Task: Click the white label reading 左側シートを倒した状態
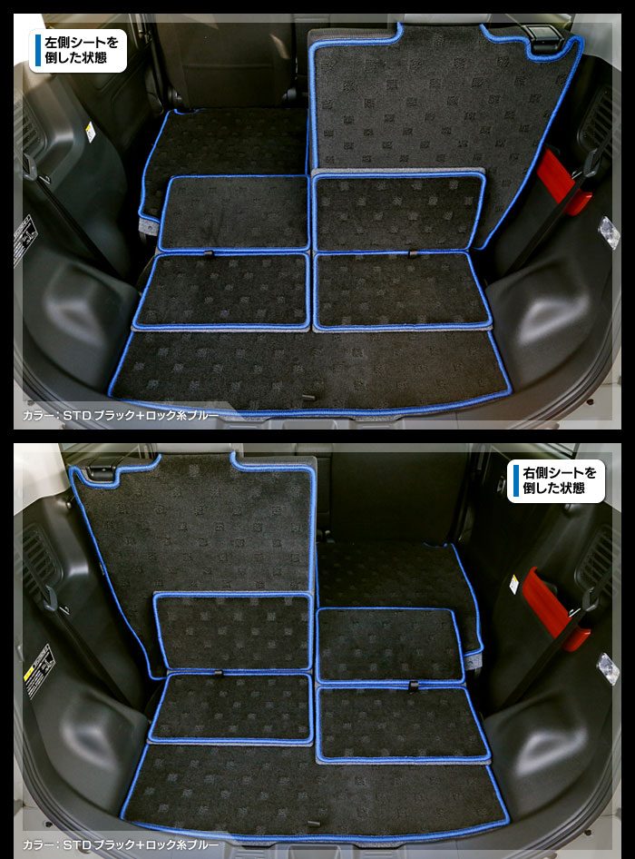coord(78,51)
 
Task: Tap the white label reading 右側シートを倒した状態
coord(555,481)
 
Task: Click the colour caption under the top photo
coord(121,416)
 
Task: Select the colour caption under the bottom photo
coord(121,845)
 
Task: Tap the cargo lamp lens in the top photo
coord(609,232)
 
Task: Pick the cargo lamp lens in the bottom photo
coord(609,667)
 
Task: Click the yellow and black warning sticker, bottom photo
coord(37,671)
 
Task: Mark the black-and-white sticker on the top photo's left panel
coord(24,240)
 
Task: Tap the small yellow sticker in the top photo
coord(91,132)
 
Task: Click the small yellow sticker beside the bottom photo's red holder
coord(514,585)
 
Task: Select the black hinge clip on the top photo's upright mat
coord(544,37)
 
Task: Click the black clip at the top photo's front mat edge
coord(309,396)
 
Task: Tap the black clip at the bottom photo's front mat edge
coord(312,824)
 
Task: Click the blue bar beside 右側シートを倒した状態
coord(515,481)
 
